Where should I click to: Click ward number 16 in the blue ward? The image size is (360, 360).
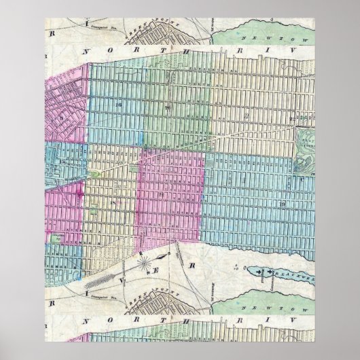[x=118, y=104]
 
